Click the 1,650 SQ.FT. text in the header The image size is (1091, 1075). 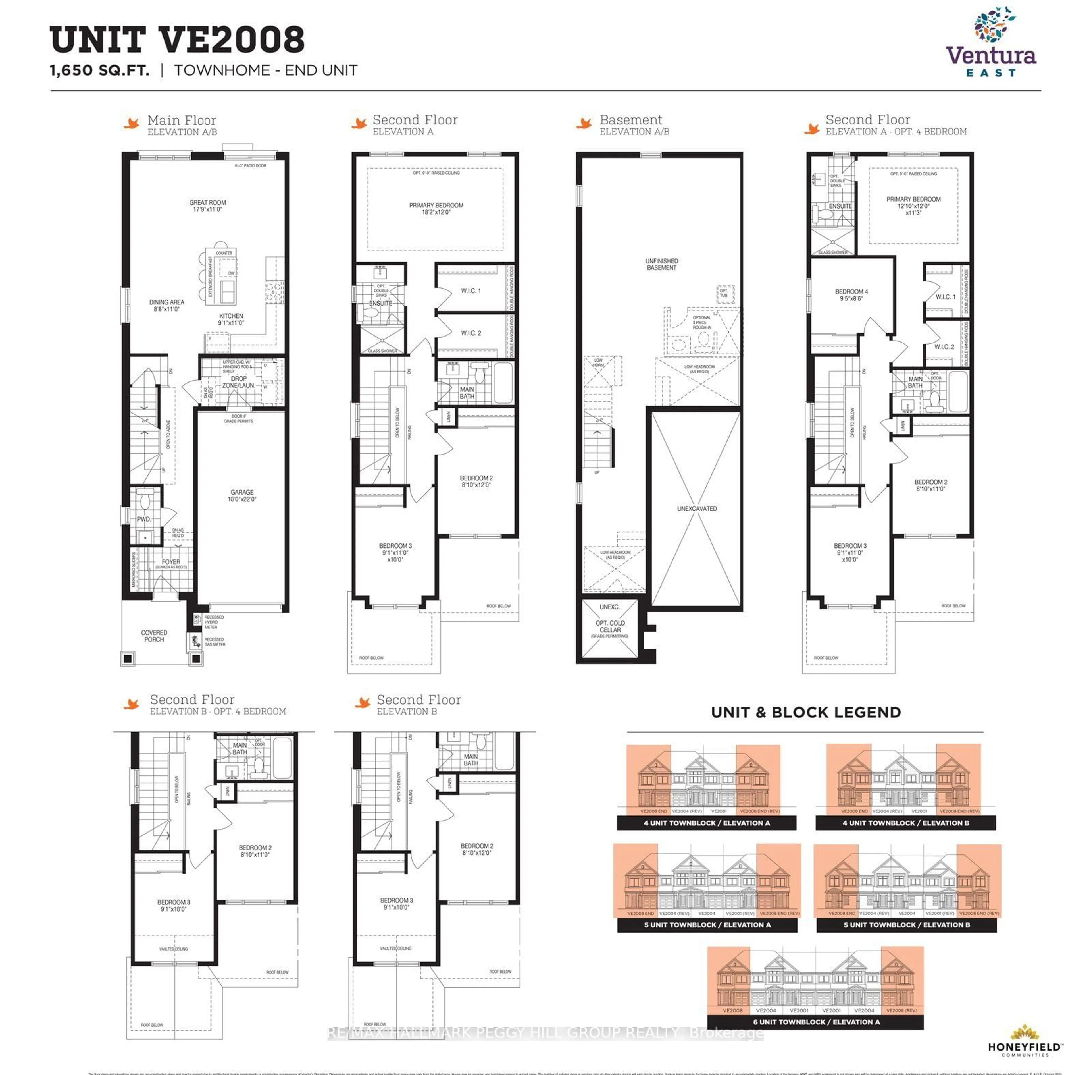click(x=100, y=70)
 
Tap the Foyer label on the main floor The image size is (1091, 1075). click(x=171, y=562)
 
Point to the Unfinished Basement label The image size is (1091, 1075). click(x=661, y=264)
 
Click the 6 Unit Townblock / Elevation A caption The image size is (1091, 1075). click(x=816, y=1021)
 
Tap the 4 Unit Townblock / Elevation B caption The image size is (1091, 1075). click(x=905, y=823)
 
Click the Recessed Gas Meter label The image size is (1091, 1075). click(x=215, y=641)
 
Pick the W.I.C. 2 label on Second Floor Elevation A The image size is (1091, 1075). click(x=471, y=333)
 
